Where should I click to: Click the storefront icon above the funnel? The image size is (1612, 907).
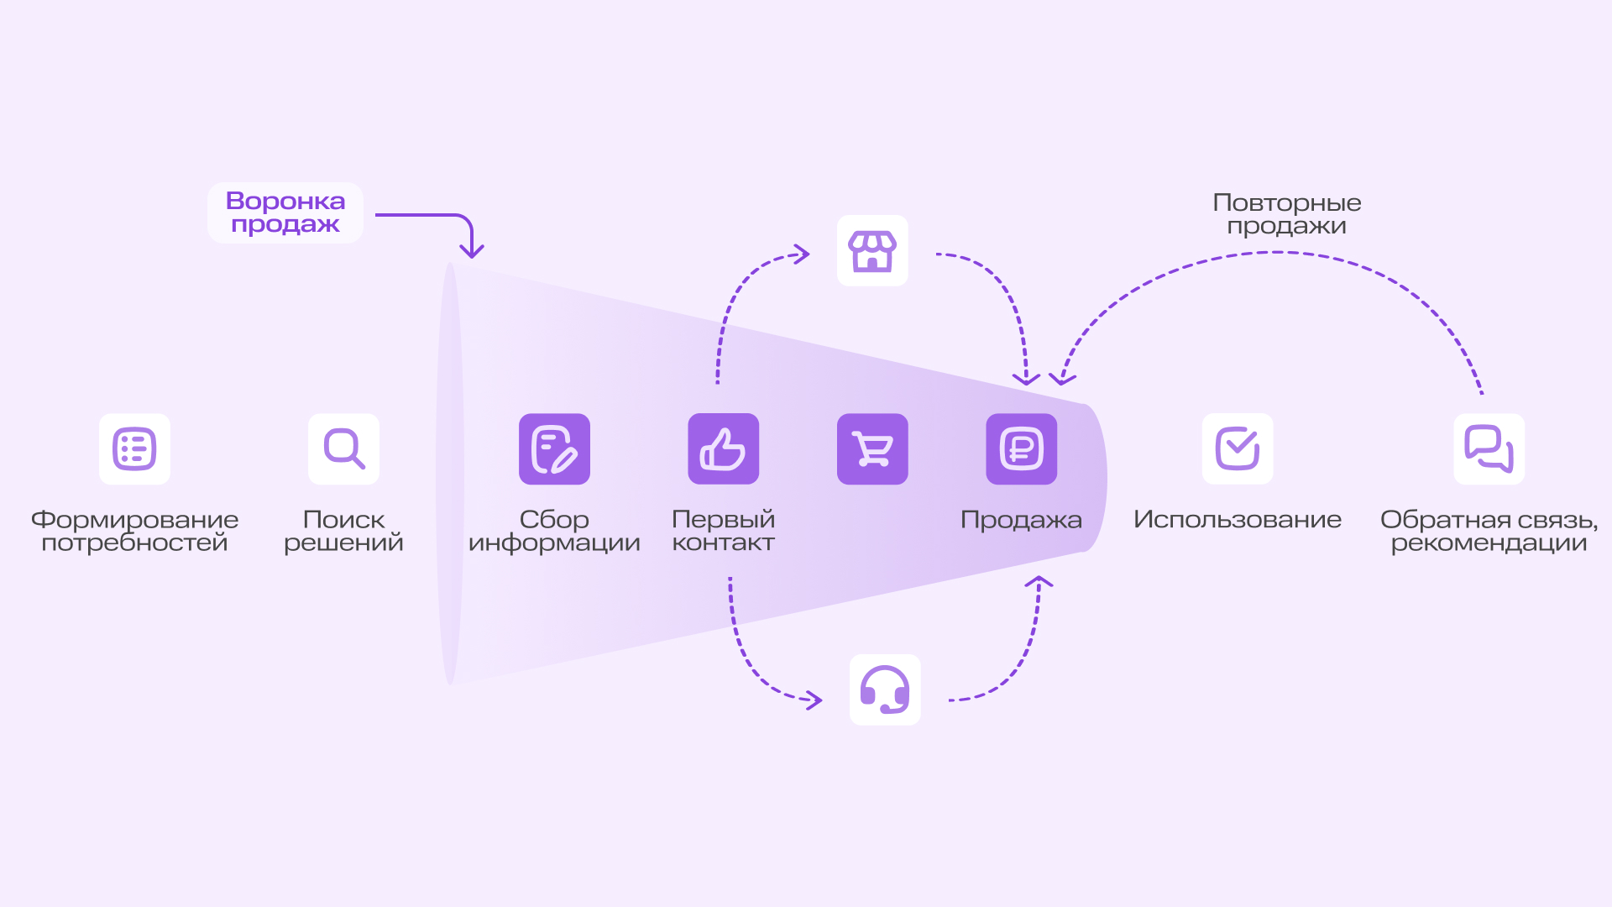point(872,251)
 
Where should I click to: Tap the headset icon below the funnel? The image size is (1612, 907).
point(885,689)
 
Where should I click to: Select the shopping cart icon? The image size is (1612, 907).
point(872,449)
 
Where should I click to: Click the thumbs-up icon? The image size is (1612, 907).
point(723,449)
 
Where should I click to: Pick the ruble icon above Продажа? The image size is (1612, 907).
point(1021,449)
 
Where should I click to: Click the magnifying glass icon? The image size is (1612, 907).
point(343,449)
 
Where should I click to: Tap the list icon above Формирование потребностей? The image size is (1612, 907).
point(134,449)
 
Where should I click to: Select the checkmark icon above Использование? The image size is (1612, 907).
point(1238,449)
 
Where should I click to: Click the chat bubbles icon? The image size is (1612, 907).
point(1489,449)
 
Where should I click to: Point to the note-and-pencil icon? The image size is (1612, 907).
point(554,449)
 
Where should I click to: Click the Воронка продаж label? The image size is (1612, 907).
point(285,212)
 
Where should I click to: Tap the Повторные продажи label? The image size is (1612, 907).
point(1286,214)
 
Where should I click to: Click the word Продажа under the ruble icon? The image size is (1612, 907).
point(1021,520)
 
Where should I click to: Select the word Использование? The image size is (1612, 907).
point(1237,520)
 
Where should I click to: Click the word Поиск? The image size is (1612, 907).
point(343,520)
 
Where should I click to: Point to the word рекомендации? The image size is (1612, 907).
point(1489,543)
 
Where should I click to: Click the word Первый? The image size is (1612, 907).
point(723,520)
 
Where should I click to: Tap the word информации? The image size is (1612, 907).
point(554,543)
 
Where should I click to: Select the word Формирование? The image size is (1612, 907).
point(134,520)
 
